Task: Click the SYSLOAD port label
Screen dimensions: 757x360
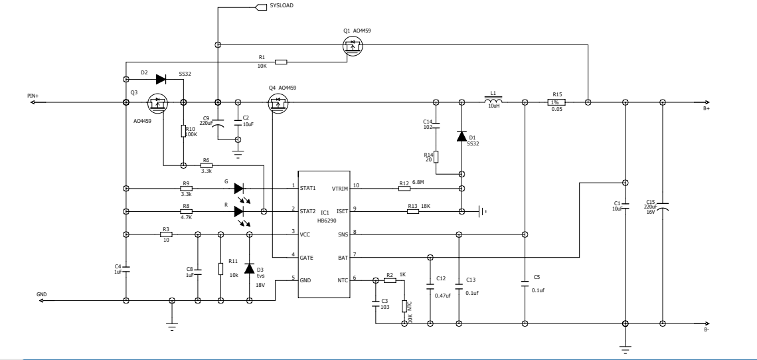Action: pos(282,6)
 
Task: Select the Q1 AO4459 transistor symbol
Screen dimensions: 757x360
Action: pos(353,46)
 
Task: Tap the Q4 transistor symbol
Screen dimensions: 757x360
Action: pos(278,103)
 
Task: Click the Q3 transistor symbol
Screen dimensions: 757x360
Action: pos(157,103)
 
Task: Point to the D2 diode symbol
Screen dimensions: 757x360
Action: pos(161,79)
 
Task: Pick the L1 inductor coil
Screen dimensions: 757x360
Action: pos(493,100)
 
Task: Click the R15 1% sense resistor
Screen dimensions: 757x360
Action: pos(556,102)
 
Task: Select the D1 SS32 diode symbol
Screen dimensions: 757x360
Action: pos(462,135)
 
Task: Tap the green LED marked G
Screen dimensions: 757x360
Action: pos(239,189)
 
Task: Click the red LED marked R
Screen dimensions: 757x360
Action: pos(239,212)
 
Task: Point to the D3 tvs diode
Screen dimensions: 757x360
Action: pos(249,268)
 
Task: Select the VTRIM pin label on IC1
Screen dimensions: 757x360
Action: pos(340,189)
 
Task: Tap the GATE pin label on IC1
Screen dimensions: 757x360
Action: pos(307,258)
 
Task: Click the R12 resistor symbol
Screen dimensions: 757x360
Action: pos(404,189)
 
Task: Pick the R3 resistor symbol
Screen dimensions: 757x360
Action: pos(166,234)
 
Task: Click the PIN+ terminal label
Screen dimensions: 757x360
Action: pos(33,96)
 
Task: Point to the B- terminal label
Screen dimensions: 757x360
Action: pos(707,330)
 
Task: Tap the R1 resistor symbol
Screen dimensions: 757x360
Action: pos(281,62)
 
